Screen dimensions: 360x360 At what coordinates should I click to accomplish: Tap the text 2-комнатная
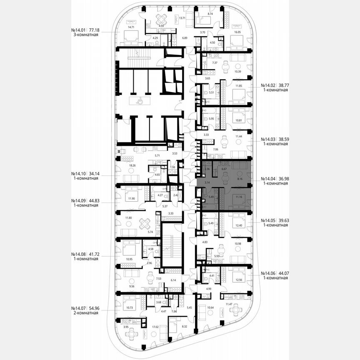[x=85, y=313]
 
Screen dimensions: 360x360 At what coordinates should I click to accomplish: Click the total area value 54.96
[x=92, y=308]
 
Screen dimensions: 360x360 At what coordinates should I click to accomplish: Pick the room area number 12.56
[x=239, y=280]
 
